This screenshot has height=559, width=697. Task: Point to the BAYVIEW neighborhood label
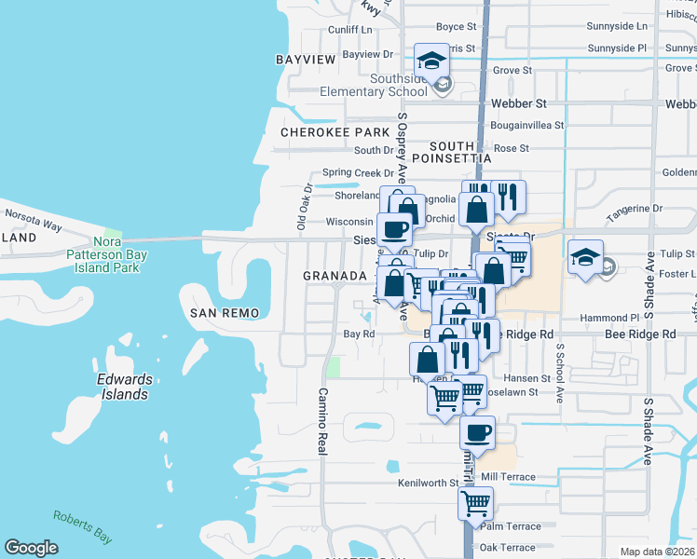coord(305,60)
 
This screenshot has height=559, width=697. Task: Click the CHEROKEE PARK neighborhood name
coord(335,132)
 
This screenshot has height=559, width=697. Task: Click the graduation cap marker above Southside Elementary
coord(430,61)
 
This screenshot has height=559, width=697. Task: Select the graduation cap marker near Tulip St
coord(586,256)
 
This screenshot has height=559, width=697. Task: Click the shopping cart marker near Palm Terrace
coord(476,504)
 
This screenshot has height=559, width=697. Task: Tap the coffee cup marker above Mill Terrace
coord(477,433)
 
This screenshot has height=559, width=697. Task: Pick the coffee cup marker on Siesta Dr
coord(393,229)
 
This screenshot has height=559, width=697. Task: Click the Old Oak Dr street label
coord(304,206)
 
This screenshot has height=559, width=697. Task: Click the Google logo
coord(32,548)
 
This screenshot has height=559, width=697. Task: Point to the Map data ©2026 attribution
coord(658,552)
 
